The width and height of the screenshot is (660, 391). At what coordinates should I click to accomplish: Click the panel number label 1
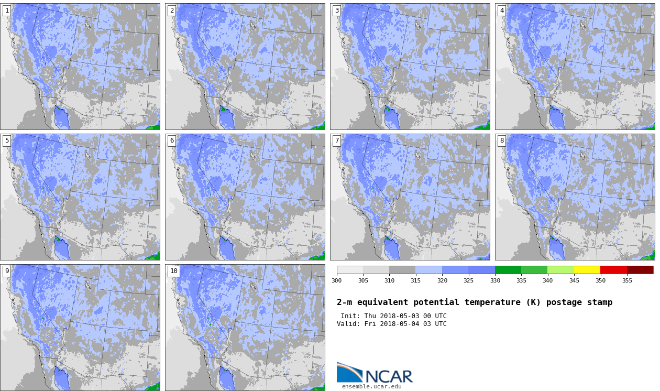(x=7, y=11)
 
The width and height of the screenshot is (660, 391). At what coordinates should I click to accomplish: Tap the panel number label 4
(x=502, y=11)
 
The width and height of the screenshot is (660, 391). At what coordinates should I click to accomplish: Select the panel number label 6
(x=172, y=140)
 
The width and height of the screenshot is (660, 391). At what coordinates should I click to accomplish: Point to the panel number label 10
(x=173, y=270)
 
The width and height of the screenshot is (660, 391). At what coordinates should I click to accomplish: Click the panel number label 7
(x=337, y=140)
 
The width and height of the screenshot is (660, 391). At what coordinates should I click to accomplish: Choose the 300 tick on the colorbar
(x=337, y=280)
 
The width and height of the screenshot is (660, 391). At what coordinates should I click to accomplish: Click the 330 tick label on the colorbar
(x=495, y=280)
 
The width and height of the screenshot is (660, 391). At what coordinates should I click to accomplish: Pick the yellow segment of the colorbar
(x=587, y=270)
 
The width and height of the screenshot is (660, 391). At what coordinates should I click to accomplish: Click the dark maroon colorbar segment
(x=640, y=270)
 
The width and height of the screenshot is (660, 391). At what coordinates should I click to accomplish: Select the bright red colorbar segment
(x=613, y=270)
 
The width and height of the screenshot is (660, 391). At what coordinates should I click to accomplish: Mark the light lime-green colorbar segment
(x=560, y=270)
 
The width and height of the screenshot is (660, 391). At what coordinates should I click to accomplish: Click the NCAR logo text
(x=389, y=376)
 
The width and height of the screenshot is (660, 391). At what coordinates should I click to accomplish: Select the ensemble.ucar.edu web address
(x=372, y=387)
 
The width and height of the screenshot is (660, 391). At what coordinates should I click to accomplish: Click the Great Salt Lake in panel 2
(x=252, y=25)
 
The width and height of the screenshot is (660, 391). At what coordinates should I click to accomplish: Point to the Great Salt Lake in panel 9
(x=87, y=286)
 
